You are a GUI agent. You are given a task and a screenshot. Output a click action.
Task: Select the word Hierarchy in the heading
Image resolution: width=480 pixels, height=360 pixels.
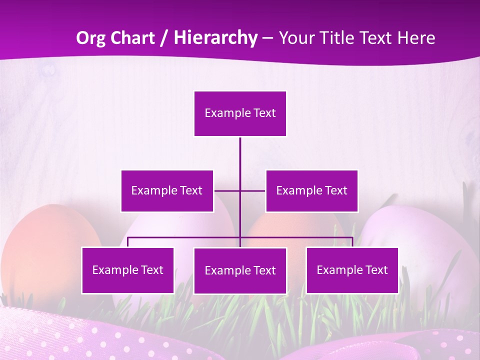(215, 38)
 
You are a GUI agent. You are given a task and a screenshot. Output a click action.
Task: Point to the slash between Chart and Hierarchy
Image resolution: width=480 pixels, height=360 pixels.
(164, 38)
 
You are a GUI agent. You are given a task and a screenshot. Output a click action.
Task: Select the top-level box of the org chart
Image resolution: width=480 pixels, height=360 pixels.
(240, 113)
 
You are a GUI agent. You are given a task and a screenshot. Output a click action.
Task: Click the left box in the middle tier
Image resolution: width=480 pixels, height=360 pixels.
(167, 190)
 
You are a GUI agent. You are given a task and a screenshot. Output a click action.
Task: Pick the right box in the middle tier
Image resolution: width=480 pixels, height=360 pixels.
(311, 190)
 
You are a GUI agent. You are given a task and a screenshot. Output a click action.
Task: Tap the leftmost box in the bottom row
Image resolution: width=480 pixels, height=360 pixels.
(127, 270)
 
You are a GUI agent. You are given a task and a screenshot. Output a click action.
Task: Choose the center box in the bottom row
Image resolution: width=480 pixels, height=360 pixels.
(240, 270)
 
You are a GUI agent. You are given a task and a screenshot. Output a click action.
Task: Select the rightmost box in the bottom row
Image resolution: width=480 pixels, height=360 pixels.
(352, 270)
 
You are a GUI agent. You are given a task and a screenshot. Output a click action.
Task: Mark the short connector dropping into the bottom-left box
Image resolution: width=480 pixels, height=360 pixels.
(127, 242)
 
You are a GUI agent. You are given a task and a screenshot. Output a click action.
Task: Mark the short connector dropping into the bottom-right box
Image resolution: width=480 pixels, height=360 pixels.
(352, 242)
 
